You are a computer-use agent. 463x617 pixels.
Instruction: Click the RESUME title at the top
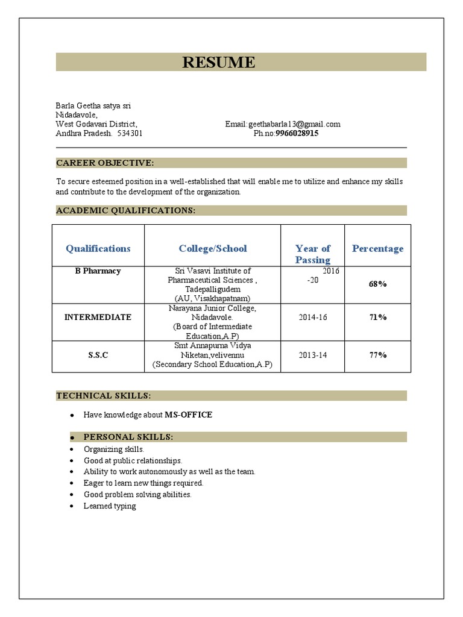(219, 63)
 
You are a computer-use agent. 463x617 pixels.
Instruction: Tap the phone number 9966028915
(297, 134)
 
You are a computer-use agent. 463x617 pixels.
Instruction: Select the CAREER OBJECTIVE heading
(105, 163)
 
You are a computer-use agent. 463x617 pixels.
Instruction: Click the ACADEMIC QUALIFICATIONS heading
(125, 210)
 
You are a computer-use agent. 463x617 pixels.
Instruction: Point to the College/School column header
(213, 248)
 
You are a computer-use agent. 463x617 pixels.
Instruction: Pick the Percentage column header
(377, 248)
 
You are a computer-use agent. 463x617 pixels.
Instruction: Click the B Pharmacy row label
(98, 271)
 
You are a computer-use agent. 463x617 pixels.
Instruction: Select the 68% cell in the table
(377, 283)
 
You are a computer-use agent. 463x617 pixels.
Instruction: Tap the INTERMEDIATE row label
(98, 317)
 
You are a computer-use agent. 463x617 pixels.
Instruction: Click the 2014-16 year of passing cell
(312, 317)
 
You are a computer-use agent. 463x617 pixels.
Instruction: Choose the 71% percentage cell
(377, 317)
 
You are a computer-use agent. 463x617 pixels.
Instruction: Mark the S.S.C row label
(98, 355)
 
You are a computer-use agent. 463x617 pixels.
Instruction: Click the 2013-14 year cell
(312, 355)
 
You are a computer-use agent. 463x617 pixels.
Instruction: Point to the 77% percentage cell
(377, 355)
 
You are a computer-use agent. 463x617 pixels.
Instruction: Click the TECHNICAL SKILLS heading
(104, 395)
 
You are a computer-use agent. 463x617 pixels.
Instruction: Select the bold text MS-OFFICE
(188, 415)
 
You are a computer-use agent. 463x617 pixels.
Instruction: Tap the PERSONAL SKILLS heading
(128, 437)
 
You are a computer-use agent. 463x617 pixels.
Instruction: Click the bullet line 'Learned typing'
(110, 506)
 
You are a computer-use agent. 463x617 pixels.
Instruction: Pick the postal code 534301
(130, 134)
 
